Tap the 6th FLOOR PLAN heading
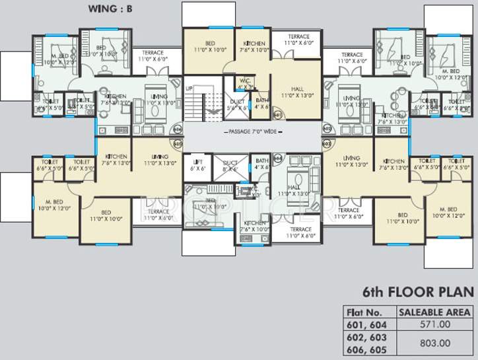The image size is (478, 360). coord(418,291)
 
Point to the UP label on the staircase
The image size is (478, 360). coord(189,88)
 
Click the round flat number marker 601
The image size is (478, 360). coord(277,115)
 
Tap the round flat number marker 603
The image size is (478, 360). coord(326,142)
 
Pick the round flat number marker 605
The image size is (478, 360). coord(176,142)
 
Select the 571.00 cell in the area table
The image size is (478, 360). coord(434,324)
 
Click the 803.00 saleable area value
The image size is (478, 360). coord(434,343)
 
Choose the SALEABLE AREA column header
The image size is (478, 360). coord(434,312)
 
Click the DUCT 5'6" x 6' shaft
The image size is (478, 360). coord(237,104)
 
